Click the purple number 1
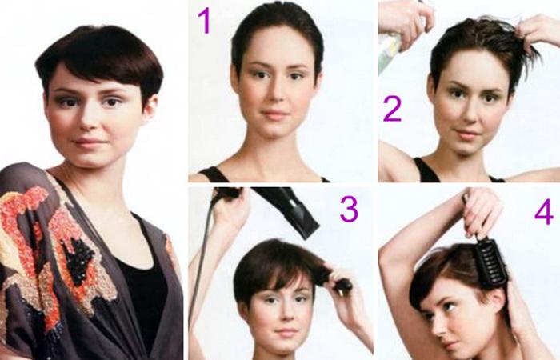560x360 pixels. (x=204, y=21)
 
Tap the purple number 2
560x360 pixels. (x=392, y=109)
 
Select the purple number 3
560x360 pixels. (x=349, y=209)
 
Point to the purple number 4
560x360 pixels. (x=544, y=212)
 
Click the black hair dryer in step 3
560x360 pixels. (x=290, y=210)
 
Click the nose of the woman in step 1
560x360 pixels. (x=275, y=94)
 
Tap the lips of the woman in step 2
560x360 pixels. (x=466, y=135)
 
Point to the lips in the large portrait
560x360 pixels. (x=87, y=143)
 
